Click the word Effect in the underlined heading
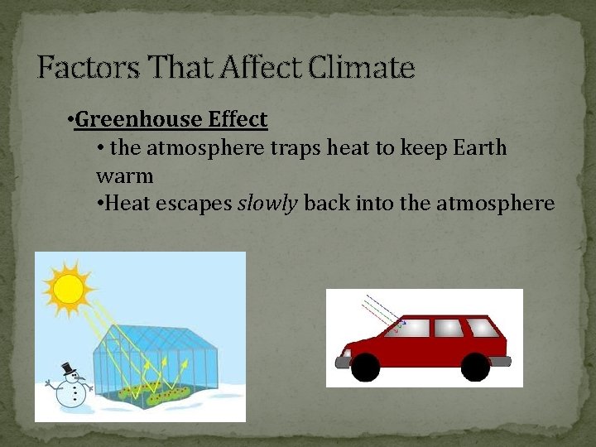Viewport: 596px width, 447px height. click(238, 120)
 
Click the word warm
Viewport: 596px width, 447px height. click(125, 176)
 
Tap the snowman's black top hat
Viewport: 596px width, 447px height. click(69, 369)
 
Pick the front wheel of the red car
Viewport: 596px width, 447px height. click(365, 366)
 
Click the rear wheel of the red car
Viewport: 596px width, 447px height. click(475, 366)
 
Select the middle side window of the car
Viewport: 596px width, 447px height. click(449, 328)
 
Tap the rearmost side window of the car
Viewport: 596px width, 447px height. click(485, 328)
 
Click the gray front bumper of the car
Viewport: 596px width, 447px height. click(341, 362)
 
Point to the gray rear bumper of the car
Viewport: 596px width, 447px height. click(501, 361)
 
